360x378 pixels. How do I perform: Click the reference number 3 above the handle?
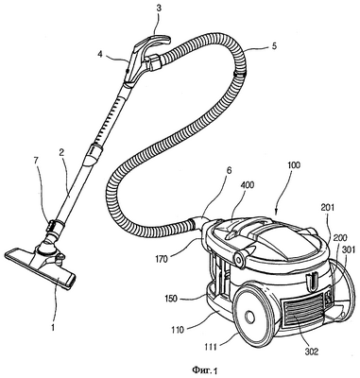pos(159,9)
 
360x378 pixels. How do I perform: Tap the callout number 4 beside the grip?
pos(100,54)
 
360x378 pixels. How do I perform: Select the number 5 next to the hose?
pos(274,46)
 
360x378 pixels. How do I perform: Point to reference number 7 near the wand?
pos(36,161)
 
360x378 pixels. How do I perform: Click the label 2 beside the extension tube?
pos(62,153)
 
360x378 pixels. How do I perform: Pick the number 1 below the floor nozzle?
pos(53,328)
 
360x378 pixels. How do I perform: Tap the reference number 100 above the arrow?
pos(294,164)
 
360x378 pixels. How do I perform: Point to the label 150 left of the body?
pos(170,298)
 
